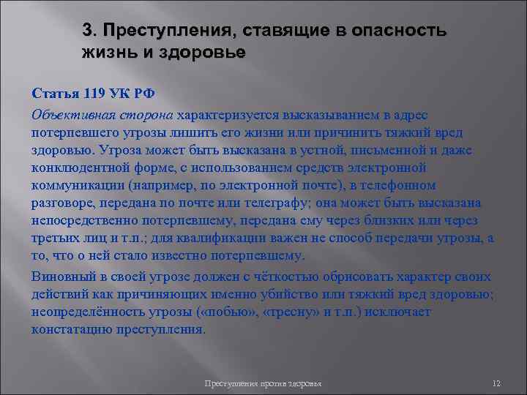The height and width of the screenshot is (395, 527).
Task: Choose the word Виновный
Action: tap(62, 277)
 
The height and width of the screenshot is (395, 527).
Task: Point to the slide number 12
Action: tap(496, 384)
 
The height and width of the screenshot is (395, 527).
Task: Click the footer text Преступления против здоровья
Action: tap(264, 384)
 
